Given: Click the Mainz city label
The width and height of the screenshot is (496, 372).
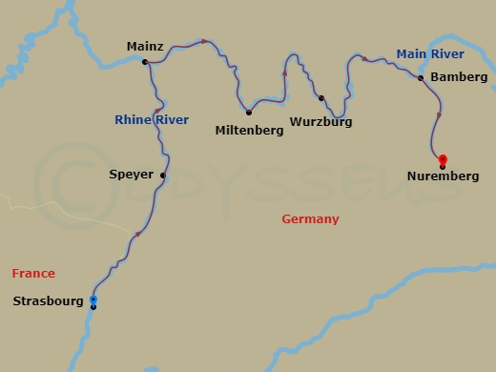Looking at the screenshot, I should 145,46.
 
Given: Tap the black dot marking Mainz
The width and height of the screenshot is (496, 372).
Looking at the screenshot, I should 145,63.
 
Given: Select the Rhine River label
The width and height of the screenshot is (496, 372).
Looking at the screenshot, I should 151,120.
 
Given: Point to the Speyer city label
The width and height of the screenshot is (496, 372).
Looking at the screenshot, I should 132,176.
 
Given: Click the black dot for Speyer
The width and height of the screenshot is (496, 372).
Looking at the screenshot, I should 163,176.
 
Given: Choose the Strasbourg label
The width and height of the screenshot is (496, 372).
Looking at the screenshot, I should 48,301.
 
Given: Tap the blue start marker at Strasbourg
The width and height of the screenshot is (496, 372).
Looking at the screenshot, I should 93,300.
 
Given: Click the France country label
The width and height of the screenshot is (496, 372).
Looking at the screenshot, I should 33,274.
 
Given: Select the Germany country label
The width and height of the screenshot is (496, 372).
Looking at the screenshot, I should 310,219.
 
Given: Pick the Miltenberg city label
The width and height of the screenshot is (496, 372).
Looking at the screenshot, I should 250,131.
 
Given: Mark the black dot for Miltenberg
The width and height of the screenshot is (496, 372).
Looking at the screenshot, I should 248,113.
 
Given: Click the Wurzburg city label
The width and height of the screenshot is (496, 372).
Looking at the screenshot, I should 321,122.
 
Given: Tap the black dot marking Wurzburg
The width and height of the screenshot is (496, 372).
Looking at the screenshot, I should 321,98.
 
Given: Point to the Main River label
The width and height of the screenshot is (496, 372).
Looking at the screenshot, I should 430,54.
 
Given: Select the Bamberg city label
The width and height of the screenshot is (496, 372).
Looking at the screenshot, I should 459,76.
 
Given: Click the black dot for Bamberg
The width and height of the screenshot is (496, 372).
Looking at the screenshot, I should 421,78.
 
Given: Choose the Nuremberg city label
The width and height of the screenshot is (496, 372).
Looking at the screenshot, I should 443,176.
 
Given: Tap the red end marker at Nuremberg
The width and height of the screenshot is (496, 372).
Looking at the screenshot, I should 443,159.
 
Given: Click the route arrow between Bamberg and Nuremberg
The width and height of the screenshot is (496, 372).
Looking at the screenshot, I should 439,115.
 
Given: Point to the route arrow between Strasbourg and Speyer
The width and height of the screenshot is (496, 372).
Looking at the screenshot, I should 139,235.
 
